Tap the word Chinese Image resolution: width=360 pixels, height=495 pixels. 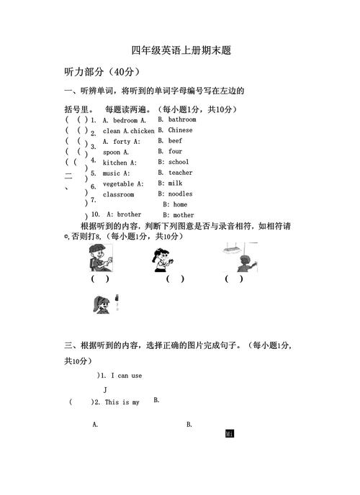point(180,130)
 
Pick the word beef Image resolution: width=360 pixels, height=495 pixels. point(175,141)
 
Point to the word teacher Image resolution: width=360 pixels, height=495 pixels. point(181,173)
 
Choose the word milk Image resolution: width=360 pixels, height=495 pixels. point(175,183)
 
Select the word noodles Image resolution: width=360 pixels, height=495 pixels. point(181,194)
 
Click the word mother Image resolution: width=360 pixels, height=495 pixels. point(184,215)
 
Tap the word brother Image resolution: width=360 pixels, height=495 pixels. point(129,214)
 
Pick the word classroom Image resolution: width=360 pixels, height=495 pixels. point(118,194)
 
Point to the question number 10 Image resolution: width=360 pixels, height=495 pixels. point(94,215)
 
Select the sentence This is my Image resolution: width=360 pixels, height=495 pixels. point(122,402)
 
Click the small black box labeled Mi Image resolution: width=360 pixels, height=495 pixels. point(230,435)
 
